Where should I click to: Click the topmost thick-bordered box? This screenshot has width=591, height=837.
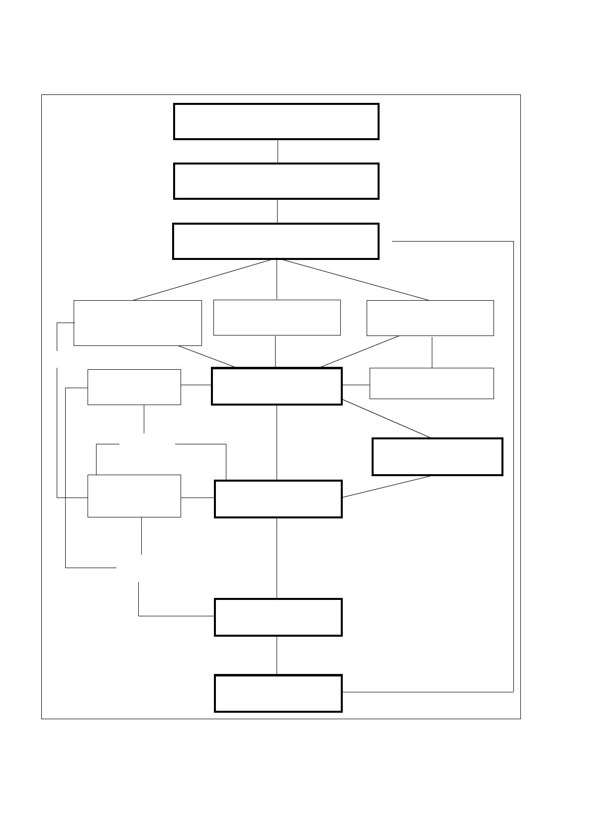(x=276, y=121)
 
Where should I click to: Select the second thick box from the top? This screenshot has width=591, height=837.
(x=276, y=181)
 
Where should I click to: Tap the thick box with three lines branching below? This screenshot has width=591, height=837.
(x=276, y=241)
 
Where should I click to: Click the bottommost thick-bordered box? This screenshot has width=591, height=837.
(x=278, y=693)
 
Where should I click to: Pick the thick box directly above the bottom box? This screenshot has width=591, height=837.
(x=278, y=617)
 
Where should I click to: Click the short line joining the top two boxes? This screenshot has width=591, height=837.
(x=278, y=151)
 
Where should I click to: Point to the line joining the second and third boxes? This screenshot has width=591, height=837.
(x=277, y=211)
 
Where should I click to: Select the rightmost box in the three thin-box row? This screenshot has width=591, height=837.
(x=430, y=318)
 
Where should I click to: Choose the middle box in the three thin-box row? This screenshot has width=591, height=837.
(x=277, y=317)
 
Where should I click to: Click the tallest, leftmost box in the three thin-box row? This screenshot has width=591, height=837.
(x=137, y=323)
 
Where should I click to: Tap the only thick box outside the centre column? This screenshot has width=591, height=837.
(x=437, y=456)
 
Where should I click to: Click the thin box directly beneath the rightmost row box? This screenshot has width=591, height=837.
(x=431, y=383)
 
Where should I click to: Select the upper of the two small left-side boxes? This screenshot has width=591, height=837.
(x=134, y=387)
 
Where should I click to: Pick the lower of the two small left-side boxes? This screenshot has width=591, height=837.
(x=134, y=496)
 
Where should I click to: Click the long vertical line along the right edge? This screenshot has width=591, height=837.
(x=513, y=467)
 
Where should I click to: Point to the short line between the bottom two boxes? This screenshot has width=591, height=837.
(x=277, y=655)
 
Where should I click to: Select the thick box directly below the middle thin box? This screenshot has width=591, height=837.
(x=277, y=386)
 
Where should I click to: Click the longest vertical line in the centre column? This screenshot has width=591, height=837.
(x=277, y=558)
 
